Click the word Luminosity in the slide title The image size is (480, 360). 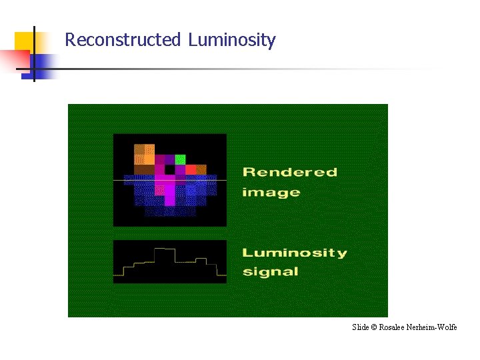tap(231, 40)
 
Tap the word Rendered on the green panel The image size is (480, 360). tap(289, 172)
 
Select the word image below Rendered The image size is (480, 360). tap(271, 193)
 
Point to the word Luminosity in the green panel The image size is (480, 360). tap(294, 253)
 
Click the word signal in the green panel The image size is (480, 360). tap(270, 271)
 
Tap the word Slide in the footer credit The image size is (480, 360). tap(359, 327)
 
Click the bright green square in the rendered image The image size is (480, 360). tap(180, 159)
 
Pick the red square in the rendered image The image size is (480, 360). tap(191, 169)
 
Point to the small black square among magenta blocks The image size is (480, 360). tap(170, 169)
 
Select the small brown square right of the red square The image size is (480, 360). tap(201, 169)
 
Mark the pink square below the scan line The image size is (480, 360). tap(160, 190)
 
